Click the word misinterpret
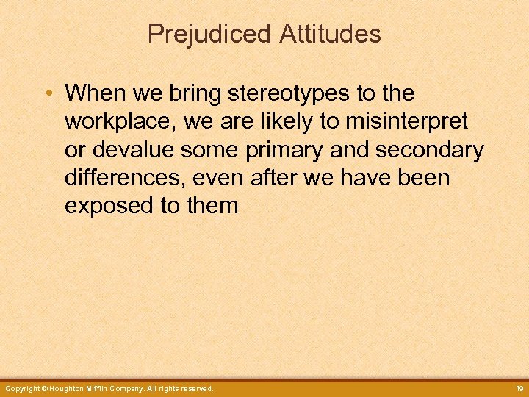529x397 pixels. [x=411, y=122]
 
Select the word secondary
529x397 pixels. [x=429, y=150]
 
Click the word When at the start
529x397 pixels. [x=91, y=94]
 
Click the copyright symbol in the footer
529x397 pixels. [x=46, y=388]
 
